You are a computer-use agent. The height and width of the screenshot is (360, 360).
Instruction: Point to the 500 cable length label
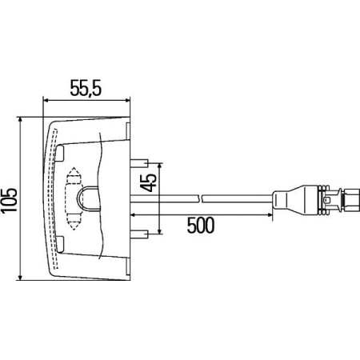[x=200, y=225]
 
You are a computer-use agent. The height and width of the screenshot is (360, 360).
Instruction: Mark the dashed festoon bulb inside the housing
[x=71, y=198]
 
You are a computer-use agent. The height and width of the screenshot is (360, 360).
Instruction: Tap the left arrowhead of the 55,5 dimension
[x=46, y=99]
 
